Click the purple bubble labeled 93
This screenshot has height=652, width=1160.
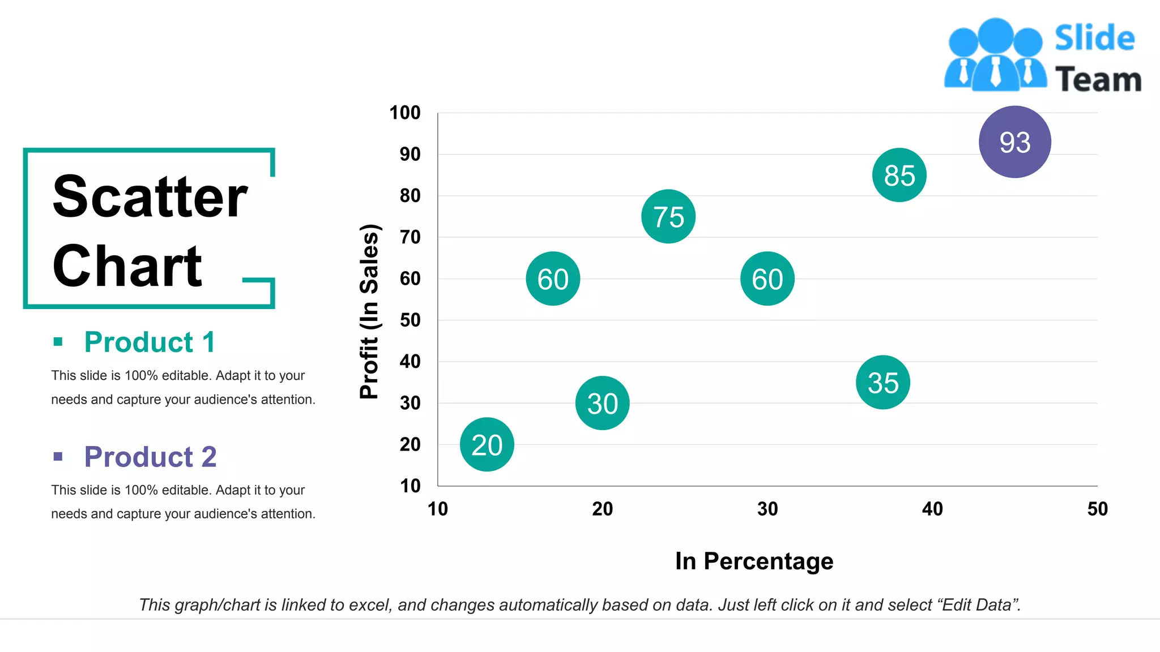click(1014, 142)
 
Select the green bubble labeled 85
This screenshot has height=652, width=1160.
click(899, 175)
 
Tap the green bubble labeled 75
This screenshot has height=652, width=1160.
click(668, 217)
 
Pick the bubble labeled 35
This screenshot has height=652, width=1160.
click(882, 383)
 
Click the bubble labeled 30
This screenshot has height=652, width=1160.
click(602, 404)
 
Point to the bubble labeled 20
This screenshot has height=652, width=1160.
click(487, 445)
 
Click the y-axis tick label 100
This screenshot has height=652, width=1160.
click(405, 113)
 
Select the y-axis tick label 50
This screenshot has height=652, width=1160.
click(410, 320)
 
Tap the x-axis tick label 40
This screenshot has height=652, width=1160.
click(932, 509)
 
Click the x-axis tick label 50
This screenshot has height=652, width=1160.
click(1097, 509)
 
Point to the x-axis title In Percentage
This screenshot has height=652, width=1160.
click(754, 561)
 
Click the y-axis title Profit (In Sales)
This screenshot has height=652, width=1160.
click(369, 311)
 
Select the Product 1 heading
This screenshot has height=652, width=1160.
click(150, 342)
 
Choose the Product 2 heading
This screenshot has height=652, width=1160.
click(150, 457)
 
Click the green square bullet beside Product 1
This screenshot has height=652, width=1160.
click(58, 341)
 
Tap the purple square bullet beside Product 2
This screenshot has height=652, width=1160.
click(58, 456)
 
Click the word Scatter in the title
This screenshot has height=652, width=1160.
click(150, 197)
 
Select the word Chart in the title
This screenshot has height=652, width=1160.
click(127, 267)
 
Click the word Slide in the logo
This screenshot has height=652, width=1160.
click(1094, 38)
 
